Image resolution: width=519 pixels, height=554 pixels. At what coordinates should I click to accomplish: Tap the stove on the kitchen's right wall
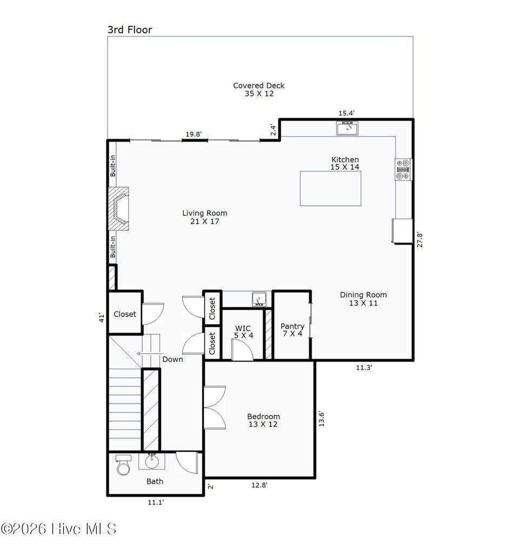[x=403, y=169]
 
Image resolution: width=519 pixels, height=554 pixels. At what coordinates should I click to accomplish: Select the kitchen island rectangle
[x=330, y=188]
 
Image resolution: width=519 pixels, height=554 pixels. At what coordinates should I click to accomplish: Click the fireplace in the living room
[x=119, y=209]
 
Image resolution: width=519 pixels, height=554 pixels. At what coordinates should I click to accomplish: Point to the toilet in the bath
[x=123, y=465]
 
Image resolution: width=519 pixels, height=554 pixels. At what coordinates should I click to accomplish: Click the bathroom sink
[x=151, y=461]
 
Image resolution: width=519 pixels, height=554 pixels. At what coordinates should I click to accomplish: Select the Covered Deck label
[x=258, y=89]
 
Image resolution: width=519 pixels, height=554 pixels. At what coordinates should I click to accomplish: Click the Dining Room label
[x=363, y=299]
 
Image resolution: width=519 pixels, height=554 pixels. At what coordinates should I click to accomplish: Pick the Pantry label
[x=292, y=330]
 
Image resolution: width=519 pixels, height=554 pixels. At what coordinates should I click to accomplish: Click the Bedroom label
[x=263, y=420]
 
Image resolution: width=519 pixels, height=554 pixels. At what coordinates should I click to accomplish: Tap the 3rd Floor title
[x=130, y=30]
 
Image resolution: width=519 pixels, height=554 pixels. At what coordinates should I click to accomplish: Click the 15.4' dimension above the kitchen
[x=347, y=113]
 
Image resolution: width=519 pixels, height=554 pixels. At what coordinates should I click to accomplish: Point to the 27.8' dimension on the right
[x=420, y=240]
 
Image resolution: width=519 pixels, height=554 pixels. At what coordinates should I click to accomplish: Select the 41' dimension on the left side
[x=101, y=318]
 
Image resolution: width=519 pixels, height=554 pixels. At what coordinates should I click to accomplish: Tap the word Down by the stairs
[x=172, y=359]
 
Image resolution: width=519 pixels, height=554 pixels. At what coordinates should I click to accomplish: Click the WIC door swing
[x=242, y=351]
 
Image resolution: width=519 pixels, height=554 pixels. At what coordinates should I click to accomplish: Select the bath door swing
[x=188, y=463]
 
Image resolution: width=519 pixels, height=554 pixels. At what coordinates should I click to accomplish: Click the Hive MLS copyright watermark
[x=58, y=529]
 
